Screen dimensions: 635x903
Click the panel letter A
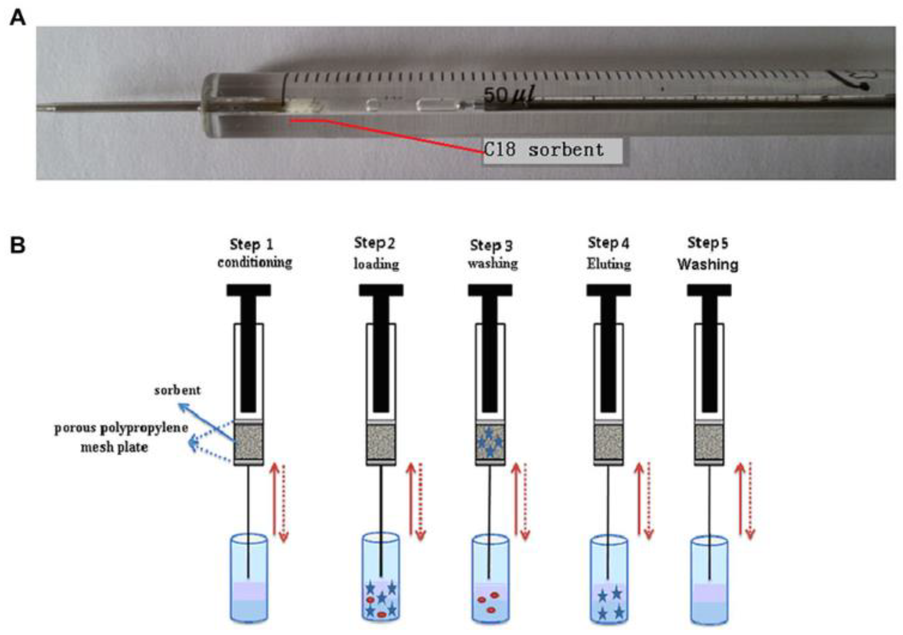tap(17, 18)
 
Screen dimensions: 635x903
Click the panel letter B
tap(17, 245)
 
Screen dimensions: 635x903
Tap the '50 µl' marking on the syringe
tap(507, 95)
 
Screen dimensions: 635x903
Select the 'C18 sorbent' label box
tap(552, 150)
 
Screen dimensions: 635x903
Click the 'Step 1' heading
tap(251, 245)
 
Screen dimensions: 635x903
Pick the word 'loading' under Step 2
tap(376, 264)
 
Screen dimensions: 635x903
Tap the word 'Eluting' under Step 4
tap(608, 264)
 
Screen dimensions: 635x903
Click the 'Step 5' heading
tap(707, 243)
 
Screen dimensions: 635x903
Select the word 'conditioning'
tap(255, 262)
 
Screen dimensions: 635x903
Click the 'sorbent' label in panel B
tap(178, 390)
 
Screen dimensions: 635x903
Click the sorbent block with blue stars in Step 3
tap(490, 442)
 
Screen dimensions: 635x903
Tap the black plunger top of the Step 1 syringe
tap(249, 291)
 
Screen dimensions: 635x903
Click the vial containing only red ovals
tap(490, 579)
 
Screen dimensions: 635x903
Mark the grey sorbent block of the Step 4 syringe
tap(608, 442)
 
